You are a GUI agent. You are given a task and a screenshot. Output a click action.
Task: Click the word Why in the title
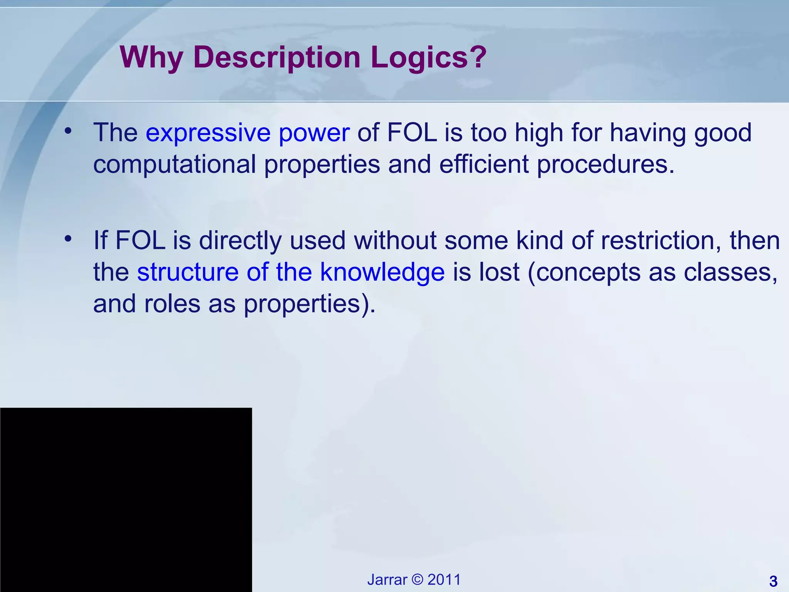[151, 58]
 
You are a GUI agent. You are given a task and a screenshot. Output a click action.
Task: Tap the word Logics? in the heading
[428, 58]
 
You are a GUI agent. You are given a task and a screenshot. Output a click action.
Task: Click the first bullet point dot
[68, 131]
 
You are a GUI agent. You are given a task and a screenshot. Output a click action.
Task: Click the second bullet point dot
[68, 239]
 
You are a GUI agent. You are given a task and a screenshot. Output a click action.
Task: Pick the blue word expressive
[208, 133]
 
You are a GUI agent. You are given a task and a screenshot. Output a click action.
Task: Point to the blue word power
[314, 133]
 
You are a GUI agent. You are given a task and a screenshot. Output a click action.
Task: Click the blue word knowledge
[382, 272]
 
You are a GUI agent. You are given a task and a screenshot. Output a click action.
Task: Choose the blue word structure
[188, 272]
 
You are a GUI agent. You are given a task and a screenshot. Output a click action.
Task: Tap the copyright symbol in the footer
[417, 580]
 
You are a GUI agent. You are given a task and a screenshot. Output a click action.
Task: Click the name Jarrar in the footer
[387, 580]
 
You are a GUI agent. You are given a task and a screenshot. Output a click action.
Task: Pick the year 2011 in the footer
[444, 580]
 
